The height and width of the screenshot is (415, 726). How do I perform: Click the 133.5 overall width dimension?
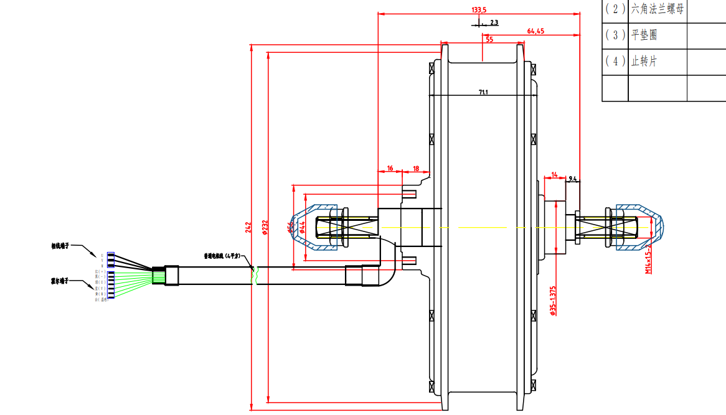(479, 9)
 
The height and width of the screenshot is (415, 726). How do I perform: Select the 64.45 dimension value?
(535, 31)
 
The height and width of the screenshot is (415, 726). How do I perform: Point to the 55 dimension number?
(489, 40)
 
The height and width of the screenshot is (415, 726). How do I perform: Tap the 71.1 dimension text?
(483, 92)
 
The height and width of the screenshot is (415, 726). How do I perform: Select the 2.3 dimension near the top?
(494, 22)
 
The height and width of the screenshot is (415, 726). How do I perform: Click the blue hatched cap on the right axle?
(639, 228)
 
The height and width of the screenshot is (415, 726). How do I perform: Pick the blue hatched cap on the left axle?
(314, 228)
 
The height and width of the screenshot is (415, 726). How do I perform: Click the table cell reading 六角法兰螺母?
(657, 9)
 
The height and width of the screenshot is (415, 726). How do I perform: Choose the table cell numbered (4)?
(615, 61)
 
